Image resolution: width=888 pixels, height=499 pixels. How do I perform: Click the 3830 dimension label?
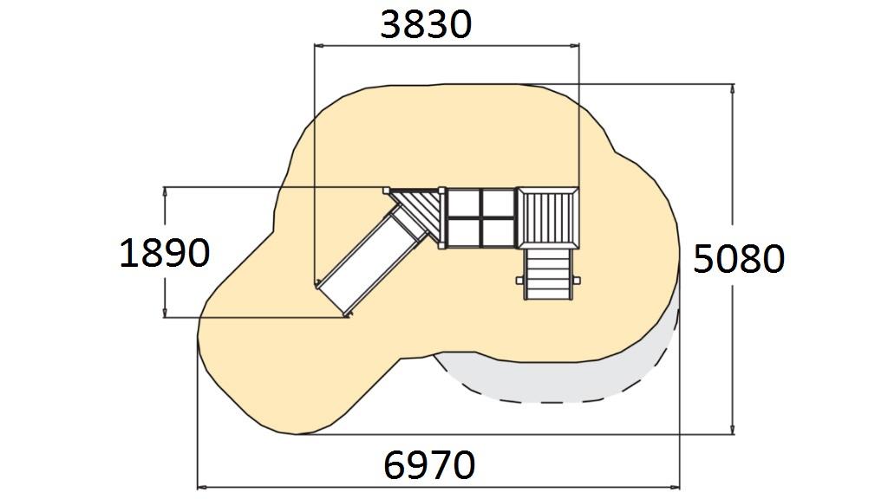(x=426, y=24)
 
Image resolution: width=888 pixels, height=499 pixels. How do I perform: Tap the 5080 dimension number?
(x=739, y=259)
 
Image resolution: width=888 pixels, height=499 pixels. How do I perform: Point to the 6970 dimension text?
(x=429, y=464)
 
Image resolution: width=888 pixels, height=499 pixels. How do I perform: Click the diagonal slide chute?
(x=371, y=257)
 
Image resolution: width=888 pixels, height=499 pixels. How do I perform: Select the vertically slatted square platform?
(x=548, y=218)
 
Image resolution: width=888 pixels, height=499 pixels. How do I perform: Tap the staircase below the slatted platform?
(x=548, y=274)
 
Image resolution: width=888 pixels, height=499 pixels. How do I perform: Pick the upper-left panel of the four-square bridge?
(x=463, y=204)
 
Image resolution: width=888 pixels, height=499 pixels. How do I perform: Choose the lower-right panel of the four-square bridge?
(x=498, y=232)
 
